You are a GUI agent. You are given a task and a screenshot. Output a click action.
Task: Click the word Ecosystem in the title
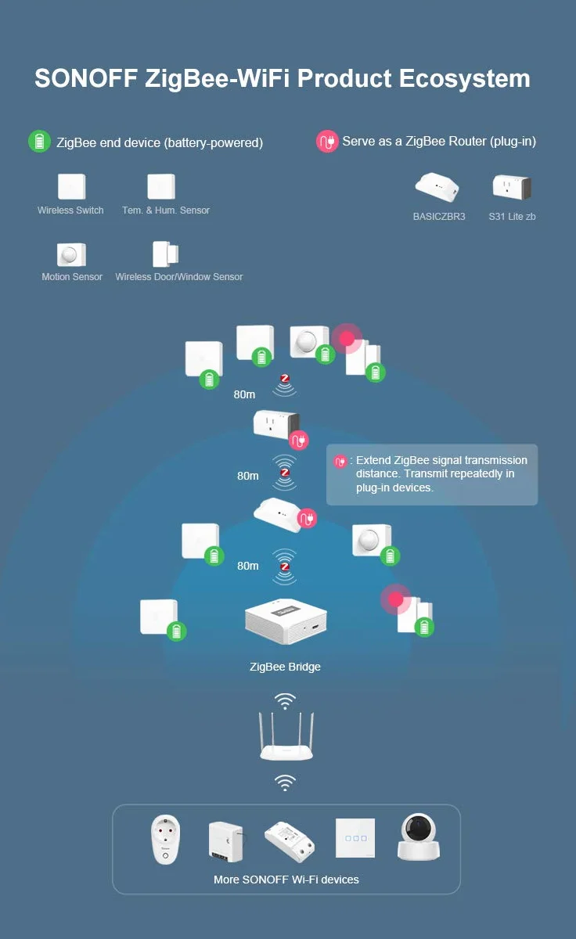click(465, 79)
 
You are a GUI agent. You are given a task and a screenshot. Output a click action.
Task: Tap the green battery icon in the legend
click(39, 142)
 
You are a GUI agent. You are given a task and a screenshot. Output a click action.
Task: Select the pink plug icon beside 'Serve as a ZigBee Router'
click(327, 142)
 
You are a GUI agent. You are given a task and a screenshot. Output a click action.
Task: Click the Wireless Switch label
click(70, 210)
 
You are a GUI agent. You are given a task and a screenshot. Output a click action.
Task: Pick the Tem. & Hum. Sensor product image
click(161, 186)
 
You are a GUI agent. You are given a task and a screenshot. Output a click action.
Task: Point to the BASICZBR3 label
click(439, 216)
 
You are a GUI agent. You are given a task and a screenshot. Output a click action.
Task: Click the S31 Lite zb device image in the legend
click(512, 187)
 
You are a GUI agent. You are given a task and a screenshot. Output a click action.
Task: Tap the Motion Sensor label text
click(72, 277)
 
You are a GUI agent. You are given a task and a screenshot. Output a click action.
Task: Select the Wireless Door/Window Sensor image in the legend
click(166, 254)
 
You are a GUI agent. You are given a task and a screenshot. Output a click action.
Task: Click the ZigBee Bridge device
click(286, 621)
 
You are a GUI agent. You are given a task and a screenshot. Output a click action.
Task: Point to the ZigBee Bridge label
click(285, 667)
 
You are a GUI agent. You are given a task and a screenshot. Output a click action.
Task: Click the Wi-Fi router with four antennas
click(286, 736)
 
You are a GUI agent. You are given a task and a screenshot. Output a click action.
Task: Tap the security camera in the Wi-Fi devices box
click(419, 836)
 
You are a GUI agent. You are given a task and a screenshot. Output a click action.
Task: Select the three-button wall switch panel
click(355, 838)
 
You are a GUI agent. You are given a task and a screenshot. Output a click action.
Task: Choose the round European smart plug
click(166, 839)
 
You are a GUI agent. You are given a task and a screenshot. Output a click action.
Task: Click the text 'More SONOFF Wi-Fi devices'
click(286, 880)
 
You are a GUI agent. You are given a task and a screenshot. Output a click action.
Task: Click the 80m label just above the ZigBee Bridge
click(248, 566)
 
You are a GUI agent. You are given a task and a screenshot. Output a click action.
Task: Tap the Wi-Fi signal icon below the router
click(285, 783)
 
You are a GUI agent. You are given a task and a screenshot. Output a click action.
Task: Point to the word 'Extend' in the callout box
click(373, 460)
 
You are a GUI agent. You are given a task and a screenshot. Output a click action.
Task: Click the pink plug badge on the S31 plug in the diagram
click(298, 440)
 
